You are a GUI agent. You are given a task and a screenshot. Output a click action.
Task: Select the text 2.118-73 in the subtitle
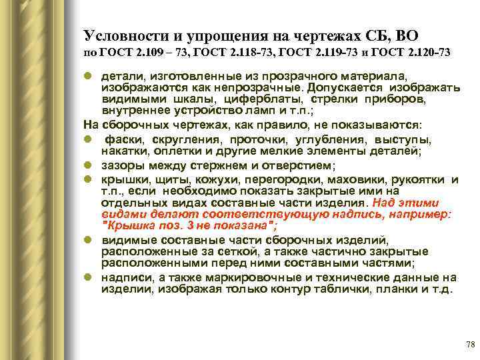click(227, 52)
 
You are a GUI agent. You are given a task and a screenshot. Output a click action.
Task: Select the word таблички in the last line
click(331, 290)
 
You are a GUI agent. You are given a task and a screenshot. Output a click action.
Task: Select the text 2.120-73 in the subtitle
click(425, 52)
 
